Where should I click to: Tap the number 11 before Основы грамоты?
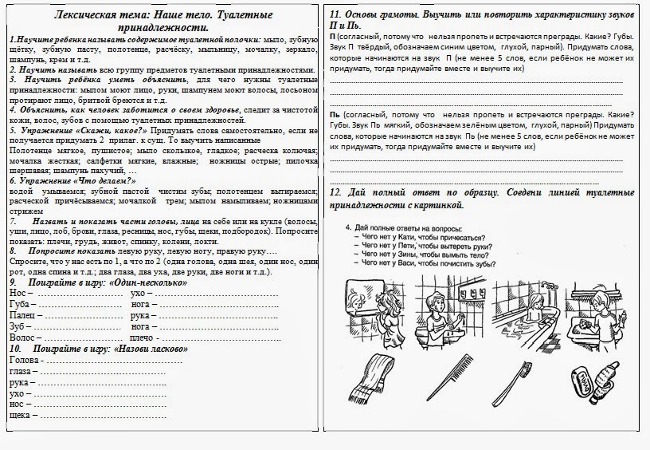coord(334,14)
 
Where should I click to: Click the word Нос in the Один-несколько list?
coord(18,293)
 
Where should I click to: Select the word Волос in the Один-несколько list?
coord(22,337)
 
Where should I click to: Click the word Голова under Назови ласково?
coord(25,360)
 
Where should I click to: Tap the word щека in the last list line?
coord(21,415)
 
